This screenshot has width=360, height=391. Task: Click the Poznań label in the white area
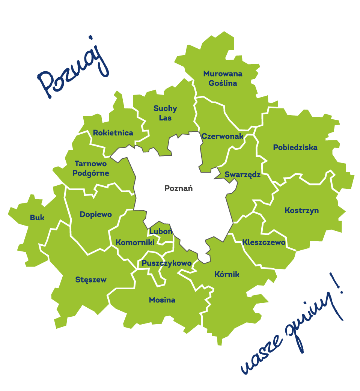pos(178,188)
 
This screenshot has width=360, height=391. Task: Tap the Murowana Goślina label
pos(223,78)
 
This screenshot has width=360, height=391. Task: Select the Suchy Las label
pos(165,113)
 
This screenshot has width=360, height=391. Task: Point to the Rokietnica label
pos(113,133)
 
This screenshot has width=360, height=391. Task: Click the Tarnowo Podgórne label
pos(91,168)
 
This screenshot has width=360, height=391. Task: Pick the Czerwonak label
pos(222,136)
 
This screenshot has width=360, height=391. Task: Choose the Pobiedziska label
pos(295,147)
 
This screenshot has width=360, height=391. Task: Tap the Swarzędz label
pos(243,175)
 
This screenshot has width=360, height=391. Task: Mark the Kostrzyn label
pos(301,210)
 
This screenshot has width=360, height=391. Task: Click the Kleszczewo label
pos(264,242)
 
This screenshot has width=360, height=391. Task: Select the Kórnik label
pos(226,274)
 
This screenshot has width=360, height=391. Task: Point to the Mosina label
pos(162,300)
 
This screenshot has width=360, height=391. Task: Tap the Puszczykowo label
pos(167,263)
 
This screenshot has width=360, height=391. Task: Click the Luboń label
pos(160,232)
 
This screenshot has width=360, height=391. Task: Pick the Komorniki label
pos(135,243)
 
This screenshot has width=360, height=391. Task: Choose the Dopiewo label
pos(96,215)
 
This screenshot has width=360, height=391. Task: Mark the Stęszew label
pos(91,280)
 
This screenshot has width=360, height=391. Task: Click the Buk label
pos(37,218)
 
